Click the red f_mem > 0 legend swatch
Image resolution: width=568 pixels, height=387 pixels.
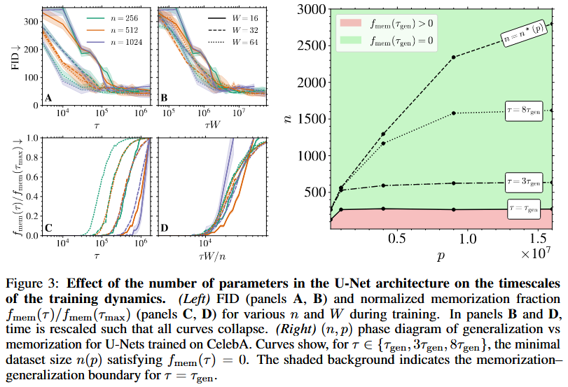[x=352, y=23]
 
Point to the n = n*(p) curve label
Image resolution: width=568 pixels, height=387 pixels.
[x=525, y=31]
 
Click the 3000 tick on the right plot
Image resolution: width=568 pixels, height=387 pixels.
[x=312, y=9]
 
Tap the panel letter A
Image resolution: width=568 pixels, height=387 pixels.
[x=48, y=97]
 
